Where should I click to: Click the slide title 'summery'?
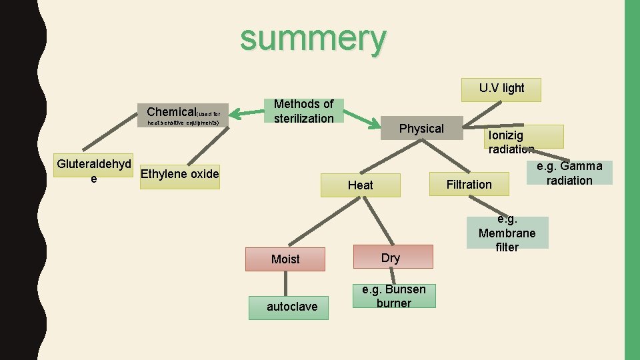pyautogui.click(x=313, y=38)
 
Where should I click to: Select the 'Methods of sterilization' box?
pyautogui.click(x=303, y=111)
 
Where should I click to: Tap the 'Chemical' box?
pyautogui.click(x=183, y=115)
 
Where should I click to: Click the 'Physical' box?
pyautogui.click(x=421, y=129)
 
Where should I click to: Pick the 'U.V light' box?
pyautogui.click(x=501, y=89)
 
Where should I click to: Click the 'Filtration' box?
pyautogui.click(x=469, y=185)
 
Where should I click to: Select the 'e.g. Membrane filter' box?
pyautogui.click(x=507, y=233)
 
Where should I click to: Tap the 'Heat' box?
pyautogui.click(x=361, y=185)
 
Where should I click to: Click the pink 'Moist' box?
pyautogui.click(x=285, y=259)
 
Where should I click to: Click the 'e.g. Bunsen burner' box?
pyautogui.click(x=394, y=296)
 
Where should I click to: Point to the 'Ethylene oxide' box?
pyautogui.click(x=180, y=175)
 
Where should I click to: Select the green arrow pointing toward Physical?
pyautogui.click(x=365, y=120)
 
